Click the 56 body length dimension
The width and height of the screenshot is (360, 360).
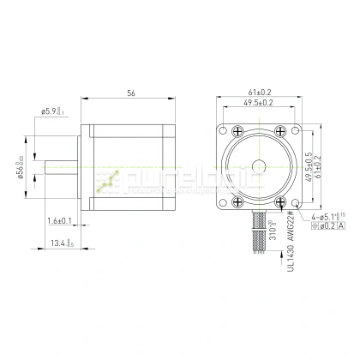click(130, 93)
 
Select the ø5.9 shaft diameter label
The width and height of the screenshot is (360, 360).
click(53, 111)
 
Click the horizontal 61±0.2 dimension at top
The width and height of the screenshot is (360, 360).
click(260, 92)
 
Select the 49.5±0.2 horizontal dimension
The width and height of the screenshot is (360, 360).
click(260, 103)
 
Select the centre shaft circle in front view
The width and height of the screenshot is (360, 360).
click(260, 162)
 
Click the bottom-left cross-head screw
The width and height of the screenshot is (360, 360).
click(236, 203)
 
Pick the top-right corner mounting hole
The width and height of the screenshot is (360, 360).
click(296, 132)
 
